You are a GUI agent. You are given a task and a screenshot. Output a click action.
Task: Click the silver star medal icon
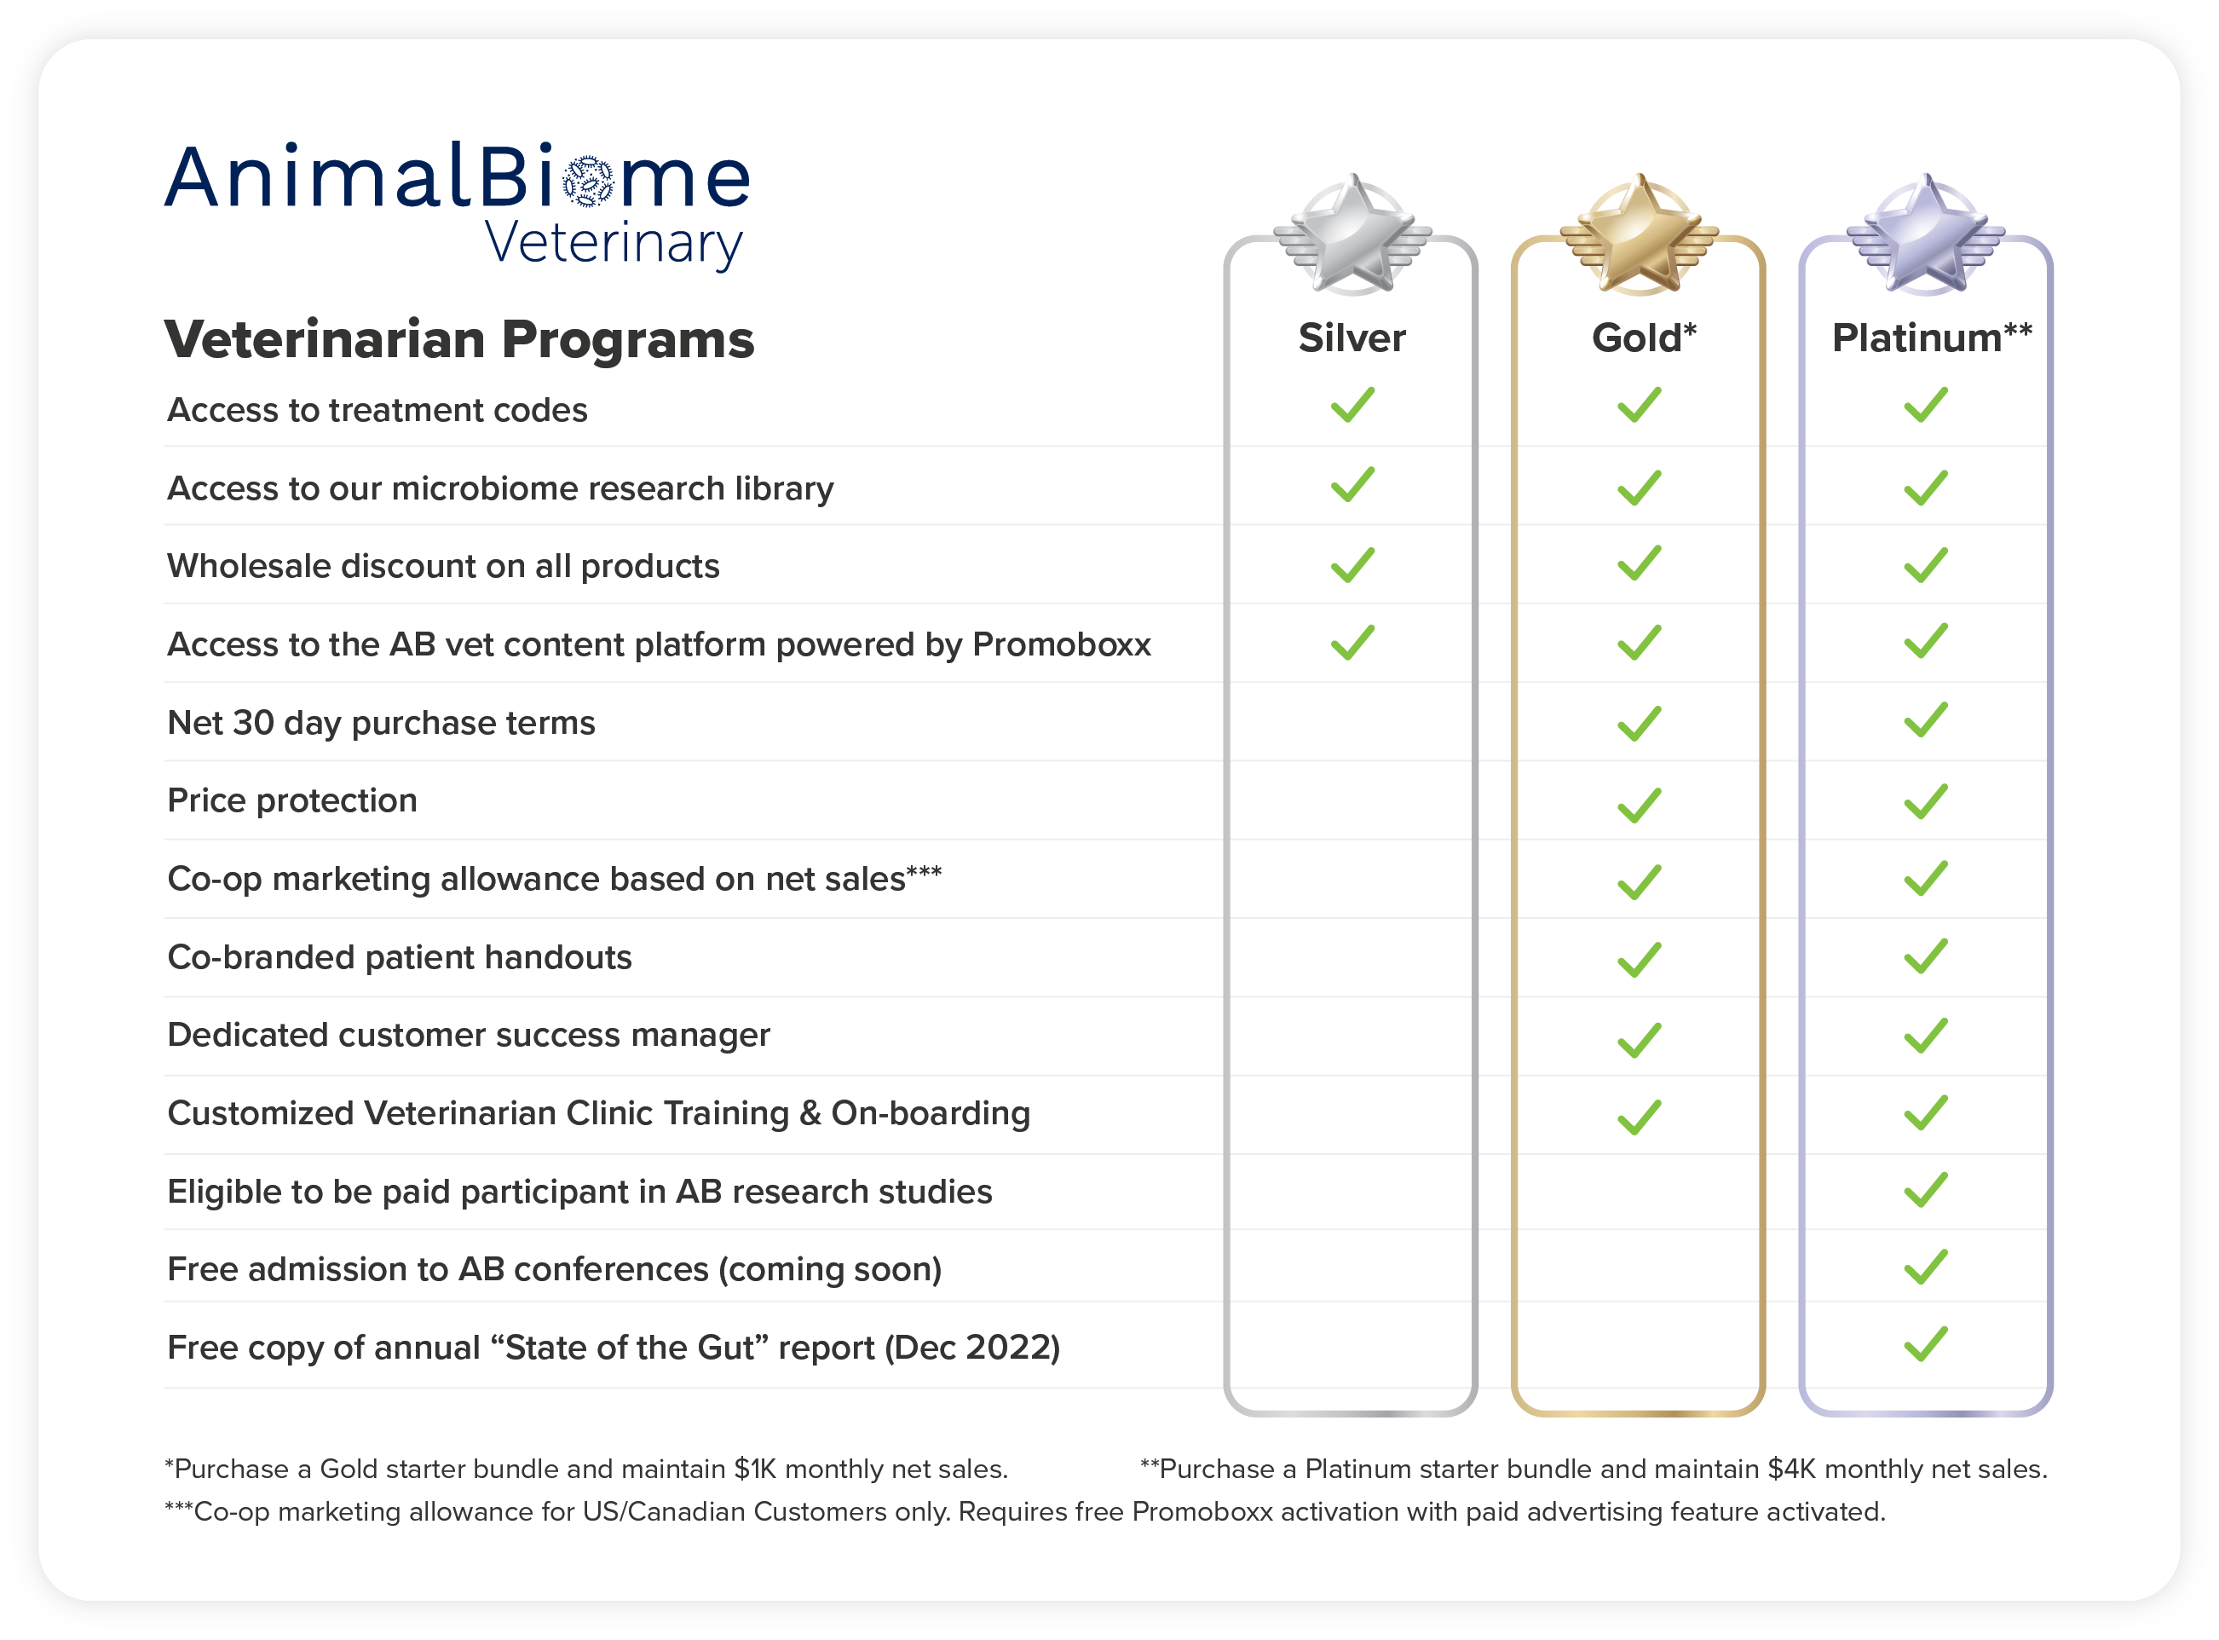pyautogui.click(x=1352, y=234)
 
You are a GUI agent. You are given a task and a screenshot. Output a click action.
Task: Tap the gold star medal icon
pyautogui.click(x=1639, y=234)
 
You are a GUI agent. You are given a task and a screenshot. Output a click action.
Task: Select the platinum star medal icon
pyautogui.click(x=1925, y=234)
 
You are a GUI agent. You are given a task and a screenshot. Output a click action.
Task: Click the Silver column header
pyautogui.click(x=1352, y=338)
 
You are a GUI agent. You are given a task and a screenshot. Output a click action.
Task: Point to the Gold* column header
pyautogui.click(x=1644, y=338)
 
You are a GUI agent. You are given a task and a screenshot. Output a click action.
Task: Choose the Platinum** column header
pyautogui.click(x=1931, y=338)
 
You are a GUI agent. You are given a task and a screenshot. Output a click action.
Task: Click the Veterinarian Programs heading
pyautogui.click(x=459, y=340)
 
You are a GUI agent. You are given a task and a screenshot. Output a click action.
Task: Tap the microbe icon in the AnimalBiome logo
pyautogui.click(x=589, y=181)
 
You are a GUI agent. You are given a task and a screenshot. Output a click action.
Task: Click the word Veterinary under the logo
pyautogui.click(x=614, y=243)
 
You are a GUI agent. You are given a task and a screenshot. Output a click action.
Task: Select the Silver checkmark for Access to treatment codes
pyautogui.click(x=1352, y=405)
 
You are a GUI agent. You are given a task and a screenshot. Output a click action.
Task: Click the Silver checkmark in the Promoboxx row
pyautogui.click(x=1352, y=643)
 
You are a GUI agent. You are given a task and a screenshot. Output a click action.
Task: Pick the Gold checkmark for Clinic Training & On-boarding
pyautogui.click(x=1639, y=1117)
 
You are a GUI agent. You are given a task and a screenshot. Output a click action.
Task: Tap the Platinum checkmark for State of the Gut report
pyautogui.click(x=1925, y=1344)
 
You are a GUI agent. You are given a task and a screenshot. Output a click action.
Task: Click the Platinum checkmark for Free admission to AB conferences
pyautogui.click(x=1925, y=1267)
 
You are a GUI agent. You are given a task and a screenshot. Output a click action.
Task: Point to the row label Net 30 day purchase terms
pyautogui.click(x=381, y=724)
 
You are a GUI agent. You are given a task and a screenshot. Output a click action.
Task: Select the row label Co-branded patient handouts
pyautogui.click(x=400, y=957)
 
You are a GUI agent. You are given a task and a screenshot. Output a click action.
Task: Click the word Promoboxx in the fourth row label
pyautogui.click(x=1062, y=644)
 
